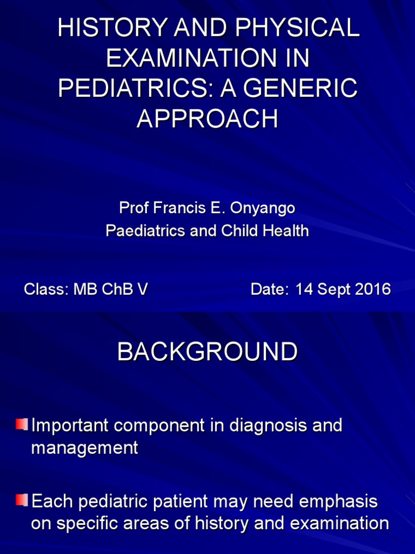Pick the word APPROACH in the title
207,118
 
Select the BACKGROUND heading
207,352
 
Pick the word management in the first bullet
85,449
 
